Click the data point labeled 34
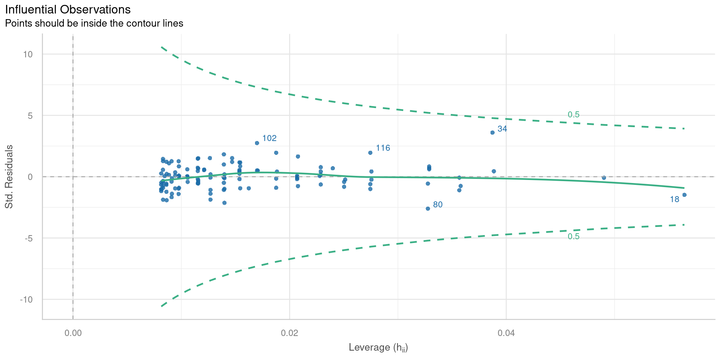click(x=492, y=132)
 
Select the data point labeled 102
click(x=257, y=143)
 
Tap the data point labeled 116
click(x=370, y=153)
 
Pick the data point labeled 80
click(x=428, y=208)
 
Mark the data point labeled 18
click(x=684, y=195)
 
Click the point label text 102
click(x=269, y=138)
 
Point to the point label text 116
click(x=383, y=148)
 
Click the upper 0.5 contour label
click(x=573, y=114)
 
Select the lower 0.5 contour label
click(x=573, y=236)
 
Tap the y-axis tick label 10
click(x=28, y=54)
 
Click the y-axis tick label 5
click(x=30, y=115)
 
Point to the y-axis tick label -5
click(x=28, y=238)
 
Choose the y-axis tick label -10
click(x=26, y=299)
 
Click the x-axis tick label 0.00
click(x=73, y=333)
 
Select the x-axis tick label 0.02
click(x=289, y=333)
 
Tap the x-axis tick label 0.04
click(x=506, y=333)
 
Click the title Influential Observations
click(x=68, y=9)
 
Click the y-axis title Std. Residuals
click(x=9, y=177)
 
